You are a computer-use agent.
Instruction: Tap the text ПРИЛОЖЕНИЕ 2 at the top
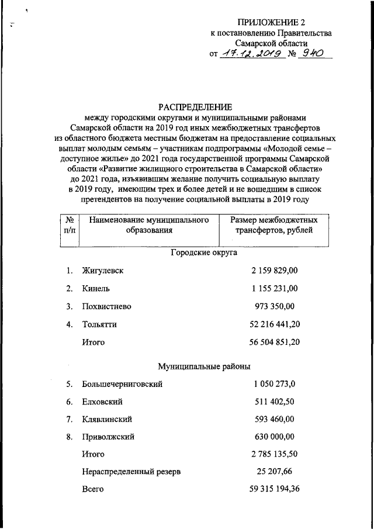(271, 22)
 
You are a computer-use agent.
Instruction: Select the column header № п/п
(70, 225)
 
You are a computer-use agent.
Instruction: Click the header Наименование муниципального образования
(149, 225)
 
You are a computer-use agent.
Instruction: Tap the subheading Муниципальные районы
(204, 367)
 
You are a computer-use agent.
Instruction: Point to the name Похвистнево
(106, 306)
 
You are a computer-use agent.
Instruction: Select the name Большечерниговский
(122, 384)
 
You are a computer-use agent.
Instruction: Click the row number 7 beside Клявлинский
(69, 419)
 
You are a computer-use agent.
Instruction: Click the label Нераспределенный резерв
(127, 471)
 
